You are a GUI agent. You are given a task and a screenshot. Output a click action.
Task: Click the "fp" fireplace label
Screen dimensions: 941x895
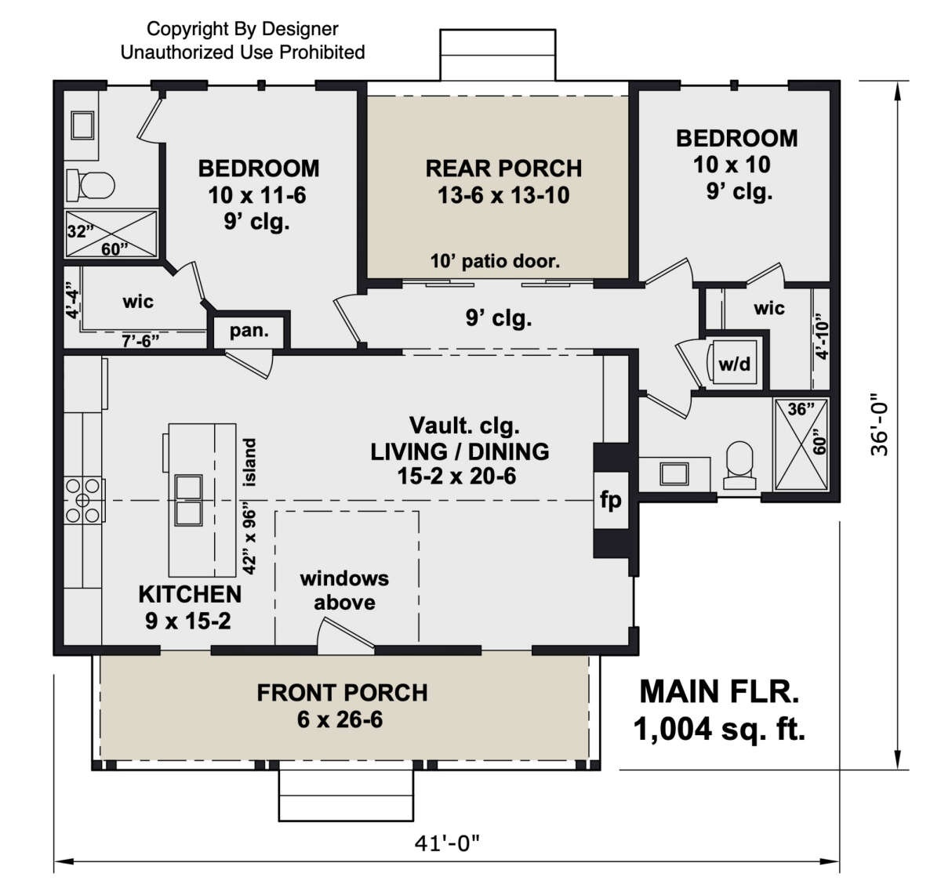click(x=610, y=500)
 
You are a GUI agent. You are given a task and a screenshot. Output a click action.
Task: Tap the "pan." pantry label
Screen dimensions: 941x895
click(x=249, y=331)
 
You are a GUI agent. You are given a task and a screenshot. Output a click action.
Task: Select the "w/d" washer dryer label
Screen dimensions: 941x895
click(x=735, y=364)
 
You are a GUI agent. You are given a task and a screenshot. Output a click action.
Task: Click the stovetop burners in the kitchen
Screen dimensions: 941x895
click(x=83, y=500)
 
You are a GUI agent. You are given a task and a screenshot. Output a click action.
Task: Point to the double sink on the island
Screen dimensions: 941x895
click(x=188, y=500)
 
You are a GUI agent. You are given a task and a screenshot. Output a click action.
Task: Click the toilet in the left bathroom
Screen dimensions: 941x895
click(x=90, y=185)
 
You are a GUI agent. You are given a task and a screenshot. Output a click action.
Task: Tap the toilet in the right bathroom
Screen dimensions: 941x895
click(x=739, y=465)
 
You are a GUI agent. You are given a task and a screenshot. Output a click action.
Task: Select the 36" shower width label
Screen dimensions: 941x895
click(x=801, y=409)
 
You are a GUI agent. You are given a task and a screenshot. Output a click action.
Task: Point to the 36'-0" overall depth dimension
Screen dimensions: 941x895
click(x=879, y=424)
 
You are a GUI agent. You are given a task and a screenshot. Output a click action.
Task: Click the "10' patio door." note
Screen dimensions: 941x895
click(x=495, y=261)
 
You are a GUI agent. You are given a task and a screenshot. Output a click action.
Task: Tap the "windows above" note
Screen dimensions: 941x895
click(x=344, y=590)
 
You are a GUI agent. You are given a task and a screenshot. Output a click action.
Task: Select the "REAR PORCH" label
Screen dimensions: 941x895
click(x=503, y=168)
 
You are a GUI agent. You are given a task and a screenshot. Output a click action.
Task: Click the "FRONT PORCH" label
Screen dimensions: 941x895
click(x=342, y=693)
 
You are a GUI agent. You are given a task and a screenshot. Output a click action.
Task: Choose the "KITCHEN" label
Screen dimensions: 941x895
click(x=190, y=594)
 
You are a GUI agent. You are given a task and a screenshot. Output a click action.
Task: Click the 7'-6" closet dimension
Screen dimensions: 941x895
click(x=140, y=341)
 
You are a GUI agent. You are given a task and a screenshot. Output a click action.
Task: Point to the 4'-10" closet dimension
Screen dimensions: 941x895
click(x=823, y=337)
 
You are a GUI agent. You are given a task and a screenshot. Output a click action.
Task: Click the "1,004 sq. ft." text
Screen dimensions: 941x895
click(x=719, y=730)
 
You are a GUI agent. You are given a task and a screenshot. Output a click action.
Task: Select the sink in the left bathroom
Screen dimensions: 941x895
click(x=83, y=125)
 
